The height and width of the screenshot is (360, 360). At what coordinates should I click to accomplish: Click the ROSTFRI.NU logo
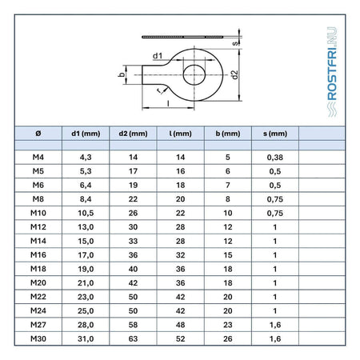(x=332, y=72)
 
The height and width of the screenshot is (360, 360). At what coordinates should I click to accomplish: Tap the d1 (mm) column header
(x=86, y=134)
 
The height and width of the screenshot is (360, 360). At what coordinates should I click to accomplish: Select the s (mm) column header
(x=275, y=134)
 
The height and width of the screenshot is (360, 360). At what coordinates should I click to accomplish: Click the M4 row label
(x=38, y=157)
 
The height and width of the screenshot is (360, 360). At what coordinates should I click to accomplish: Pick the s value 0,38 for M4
(x=275, y=158)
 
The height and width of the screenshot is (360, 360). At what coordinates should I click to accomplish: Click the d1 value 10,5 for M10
(x=86, y=213)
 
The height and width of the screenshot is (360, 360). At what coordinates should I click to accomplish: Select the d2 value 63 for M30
(x=133, y=338)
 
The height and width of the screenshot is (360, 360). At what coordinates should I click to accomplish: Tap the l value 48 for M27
(x=180, y=325)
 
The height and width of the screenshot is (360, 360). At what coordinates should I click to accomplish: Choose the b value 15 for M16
(x=228, y=255)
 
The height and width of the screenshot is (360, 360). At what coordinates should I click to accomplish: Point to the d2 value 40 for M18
(x=133, y=269)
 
